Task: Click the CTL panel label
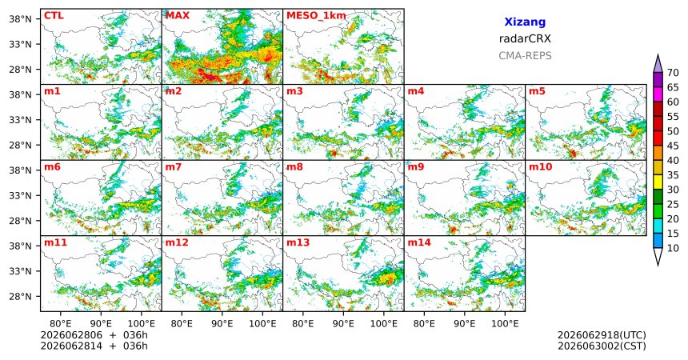click(54, 16)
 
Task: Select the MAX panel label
click(178, 16)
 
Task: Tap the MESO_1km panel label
click(316, 16)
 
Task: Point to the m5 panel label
click(537, 91)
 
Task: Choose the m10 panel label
click(540, 167)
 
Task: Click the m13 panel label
click(298, 242)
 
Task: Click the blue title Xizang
click(525, 22)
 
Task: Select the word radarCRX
click(525, 38)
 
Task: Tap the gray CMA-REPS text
click(525, 56)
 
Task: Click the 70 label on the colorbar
click(673, 73)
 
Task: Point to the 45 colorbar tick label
click(673, 146)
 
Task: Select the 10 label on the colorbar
click(673, 248)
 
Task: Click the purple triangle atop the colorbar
click(658, 65)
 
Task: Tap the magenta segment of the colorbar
click(658, 94)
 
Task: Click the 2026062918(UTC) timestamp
click(602, 335)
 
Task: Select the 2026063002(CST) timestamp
click(602, 346)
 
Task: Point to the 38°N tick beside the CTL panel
click(19, 19)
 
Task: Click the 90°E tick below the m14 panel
click(465, 324)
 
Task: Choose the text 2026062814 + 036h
click(94, 346)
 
